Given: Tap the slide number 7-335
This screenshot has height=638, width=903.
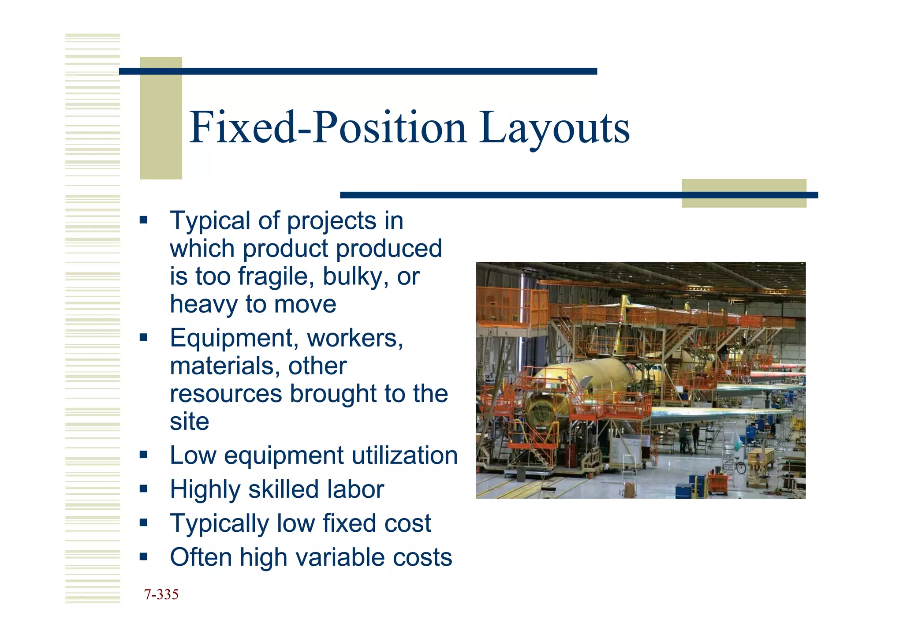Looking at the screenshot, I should [x=161, y=594].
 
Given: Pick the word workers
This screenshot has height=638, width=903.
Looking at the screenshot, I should [x=354, y=339].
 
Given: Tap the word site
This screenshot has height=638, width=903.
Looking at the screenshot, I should [x=190, y=422].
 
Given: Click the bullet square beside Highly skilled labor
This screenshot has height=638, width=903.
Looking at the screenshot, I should [x=143, y=488].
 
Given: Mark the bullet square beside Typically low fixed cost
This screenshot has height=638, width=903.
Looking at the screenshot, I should [x=143, y=522].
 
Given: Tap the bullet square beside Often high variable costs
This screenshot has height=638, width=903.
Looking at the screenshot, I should [x=143, y=556].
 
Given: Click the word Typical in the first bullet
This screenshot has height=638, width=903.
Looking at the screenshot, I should [x=210, y=221].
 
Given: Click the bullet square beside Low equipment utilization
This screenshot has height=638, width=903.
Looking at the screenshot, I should [x=143, y=454].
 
